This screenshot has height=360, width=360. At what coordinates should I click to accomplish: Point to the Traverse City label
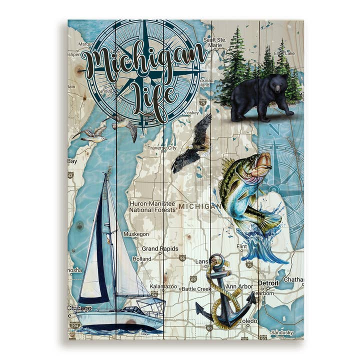pos(161,147)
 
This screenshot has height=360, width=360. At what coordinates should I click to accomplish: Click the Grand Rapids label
pos(159,248)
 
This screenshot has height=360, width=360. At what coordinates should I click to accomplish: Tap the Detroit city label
pos(268,283)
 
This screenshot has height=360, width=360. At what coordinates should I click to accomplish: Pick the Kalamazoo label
pos(163,286)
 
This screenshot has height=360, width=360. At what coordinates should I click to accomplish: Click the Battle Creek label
pos(196,289)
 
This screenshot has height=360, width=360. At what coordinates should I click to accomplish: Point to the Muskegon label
pos(136,234)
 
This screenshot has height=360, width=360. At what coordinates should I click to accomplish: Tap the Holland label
pos(141,259)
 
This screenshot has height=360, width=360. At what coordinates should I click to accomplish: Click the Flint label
pos(241,246)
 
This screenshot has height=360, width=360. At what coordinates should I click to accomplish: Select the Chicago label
pos(79,308)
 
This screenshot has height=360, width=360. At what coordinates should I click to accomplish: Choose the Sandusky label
pos(282,332)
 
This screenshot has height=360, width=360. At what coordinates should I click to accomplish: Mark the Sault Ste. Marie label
pos(214,42)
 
